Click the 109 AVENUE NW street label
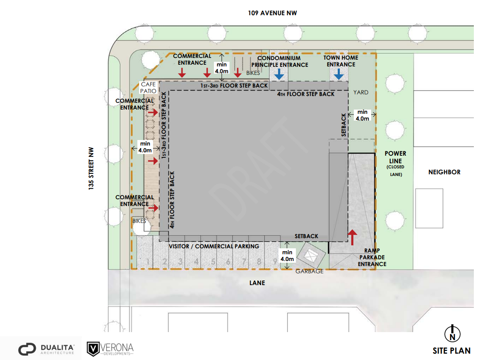[x=272, y=13]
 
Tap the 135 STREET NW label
[x=91, y=168]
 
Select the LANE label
[x=257, y=283]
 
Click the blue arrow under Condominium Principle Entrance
[x=279, y=74]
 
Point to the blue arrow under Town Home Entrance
[x=339, y=74]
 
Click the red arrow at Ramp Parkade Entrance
[x=352, y=237]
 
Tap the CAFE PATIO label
[x=148, y=88]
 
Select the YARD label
[x=361, y=92]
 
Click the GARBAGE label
[x=309, y=271]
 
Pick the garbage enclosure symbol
[x=311, y=255]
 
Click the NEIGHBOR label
[x=444, y=172]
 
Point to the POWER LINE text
[x=395, y=157]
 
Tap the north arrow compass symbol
[x=452, y=334]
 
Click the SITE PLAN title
[x=451, y=351]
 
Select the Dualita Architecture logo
[x=46, y=349]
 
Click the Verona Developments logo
[x=110, y=349]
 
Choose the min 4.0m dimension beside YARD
[x=362, y=115]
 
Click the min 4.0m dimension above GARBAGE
[x=287, y=256]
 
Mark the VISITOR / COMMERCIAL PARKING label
[x=214, y=246]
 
